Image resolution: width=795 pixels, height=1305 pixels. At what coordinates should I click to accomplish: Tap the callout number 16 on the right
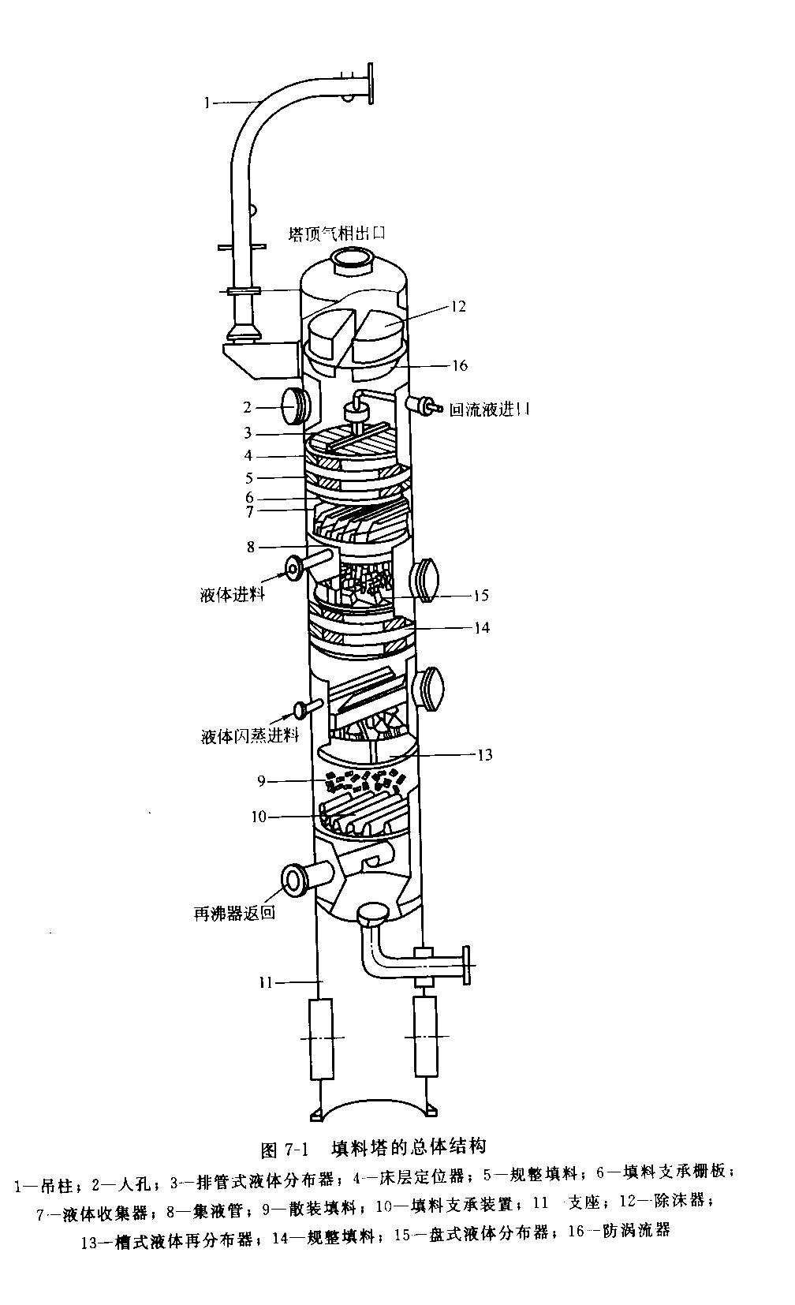pyautogui.click(x=459, y=365)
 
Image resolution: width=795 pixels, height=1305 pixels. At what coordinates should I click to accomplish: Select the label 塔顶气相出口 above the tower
pyautogui.click(x=337, y=234)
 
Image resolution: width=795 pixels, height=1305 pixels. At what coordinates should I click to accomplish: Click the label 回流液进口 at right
pyautogui.click(x=489, y=409)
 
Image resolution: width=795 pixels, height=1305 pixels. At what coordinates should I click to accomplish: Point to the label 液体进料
pyautogui.click(x=232, y=594)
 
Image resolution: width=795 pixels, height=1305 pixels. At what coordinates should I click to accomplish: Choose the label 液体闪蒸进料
pyautogui.click(x=249, y=736)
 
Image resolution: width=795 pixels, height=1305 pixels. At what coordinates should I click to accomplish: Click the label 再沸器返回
pyautogui.click(x=235, y=914)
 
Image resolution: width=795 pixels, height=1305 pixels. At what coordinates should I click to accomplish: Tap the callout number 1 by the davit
pyautogui.click(x=207, y=102)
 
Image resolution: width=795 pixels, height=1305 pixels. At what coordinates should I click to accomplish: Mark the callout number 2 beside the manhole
pyautogui.click(x=247, y=407)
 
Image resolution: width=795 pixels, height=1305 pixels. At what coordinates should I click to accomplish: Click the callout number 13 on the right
pyautogui.click(x=484, y=755)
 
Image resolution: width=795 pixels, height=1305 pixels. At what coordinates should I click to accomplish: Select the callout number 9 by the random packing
pyautogui.click(x=261, y=781)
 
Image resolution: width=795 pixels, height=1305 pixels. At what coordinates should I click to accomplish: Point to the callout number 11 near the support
pyautogui.click(x=265, y=983)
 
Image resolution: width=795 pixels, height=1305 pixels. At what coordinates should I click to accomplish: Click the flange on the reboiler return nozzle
pyautogui.click(x=294, y=878)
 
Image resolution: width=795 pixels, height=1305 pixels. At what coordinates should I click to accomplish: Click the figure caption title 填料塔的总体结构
pyautogui.click(x=408, y=1146)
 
